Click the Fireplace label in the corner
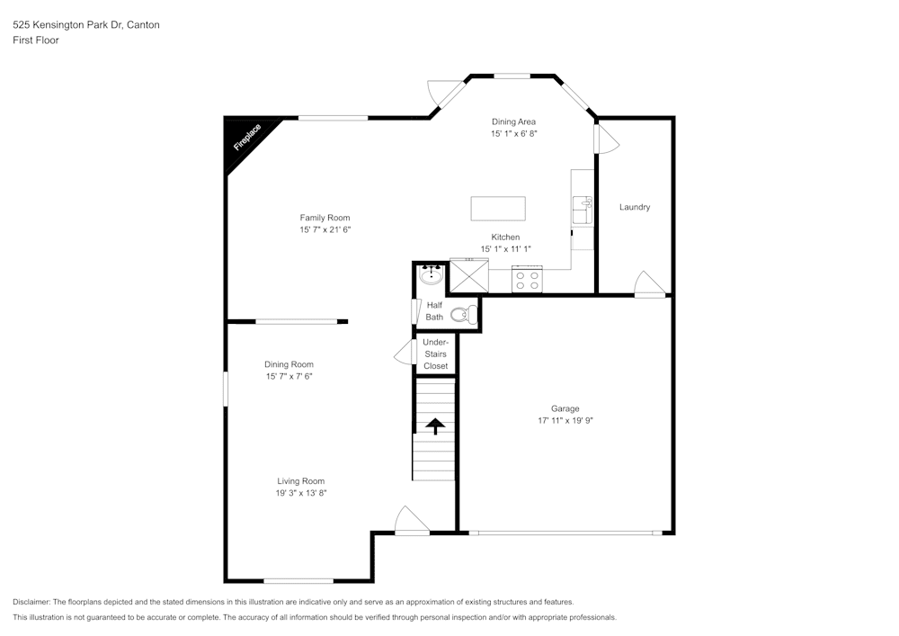click(x=247, y=138)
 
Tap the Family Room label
click(x=325, y=218)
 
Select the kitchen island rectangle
click(x=498, y=208)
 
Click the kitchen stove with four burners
click(x=527, y=281)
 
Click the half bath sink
click(x=431, y=275)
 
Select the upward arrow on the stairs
click(x=435, y=425)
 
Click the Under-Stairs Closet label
click(x=435, y=354)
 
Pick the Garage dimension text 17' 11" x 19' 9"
click(x=565, y=420)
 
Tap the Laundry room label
click(x=635, y=208)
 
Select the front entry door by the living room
click(x=412, y=521)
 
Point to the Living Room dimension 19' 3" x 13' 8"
click(x=300, y=493)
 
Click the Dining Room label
click(x=289, y=364)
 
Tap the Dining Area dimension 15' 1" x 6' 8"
click(x=514, y=133)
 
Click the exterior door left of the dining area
click(x=444, y=92)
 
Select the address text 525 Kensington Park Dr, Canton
click(x=86, y=25)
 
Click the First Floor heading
click(x=36, y=40)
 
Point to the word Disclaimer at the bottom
click(x=31, y=602)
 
